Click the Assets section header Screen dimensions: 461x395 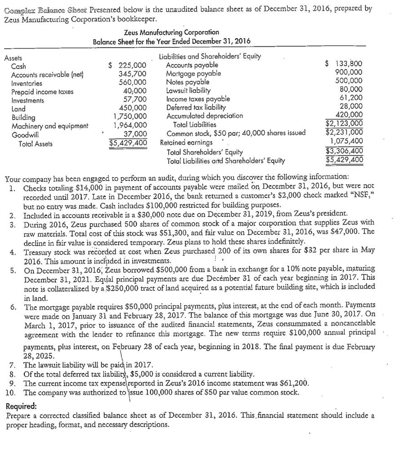coord(13,58)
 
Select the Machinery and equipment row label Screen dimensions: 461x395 coord(50,126)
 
